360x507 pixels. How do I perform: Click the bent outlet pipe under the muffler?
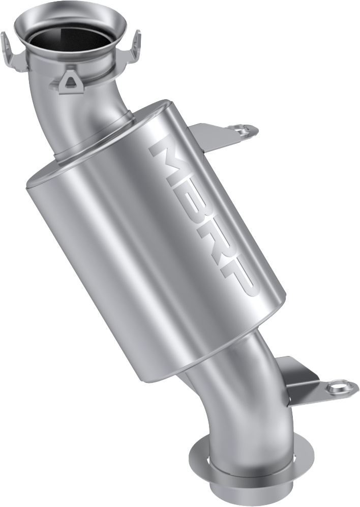click(224, 392)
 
